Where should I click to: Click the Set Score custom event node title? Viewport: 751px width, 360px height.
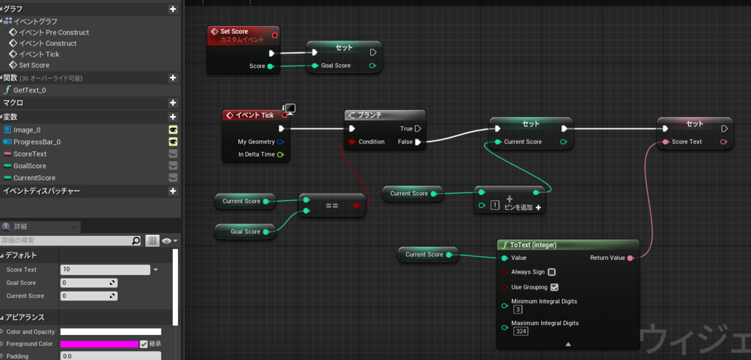[234, 31]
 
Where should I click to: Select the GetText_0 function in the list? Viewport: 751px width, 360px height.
[29, 90]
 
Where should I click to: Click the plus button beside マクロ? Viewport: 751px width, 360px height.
[173, 103]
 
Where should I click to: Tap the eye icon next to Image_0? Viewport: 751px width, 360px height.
[173, 130]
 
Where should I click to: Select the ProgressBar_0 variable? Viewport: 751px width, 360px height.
[37, 142]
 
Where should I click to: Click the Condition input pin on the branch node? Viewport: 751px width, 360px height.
[352, 142]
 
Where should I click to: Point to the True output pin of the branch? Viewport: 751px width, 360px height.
[418, 129]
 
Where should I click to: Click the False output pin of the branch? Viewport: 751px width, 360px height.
[418, 142]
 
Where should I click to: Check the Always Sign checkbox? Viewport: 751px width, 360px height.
[551, 272]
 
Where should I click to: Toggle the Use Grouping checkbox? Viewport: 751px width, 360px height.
[554, 287]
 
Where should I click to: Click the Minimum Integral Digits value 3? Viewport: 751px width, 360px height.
[518, 309]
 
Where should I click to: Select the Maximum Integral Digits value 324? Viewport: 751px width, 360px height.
[521, 331]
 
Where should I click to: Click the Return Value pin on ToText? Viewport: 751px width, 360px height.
[630, 258]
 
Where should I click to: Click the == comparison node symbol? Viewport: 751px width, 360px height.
[332, 205]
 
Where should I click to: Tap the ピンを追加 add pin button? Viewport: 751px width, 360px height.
[523, 207]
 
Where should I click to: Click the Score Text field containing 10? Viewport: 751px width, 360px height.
[105, 269]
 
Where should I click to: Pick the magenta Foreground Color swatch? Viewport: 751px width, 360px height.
[100, 344]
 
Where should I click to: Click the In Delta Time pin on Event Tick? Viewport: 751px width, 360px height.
[280, 155]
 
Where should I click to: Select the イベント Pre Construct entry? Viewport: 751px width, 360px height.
[54, 33]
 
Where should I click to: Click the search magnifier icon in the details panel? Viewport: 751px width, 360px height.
[136, 240]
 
